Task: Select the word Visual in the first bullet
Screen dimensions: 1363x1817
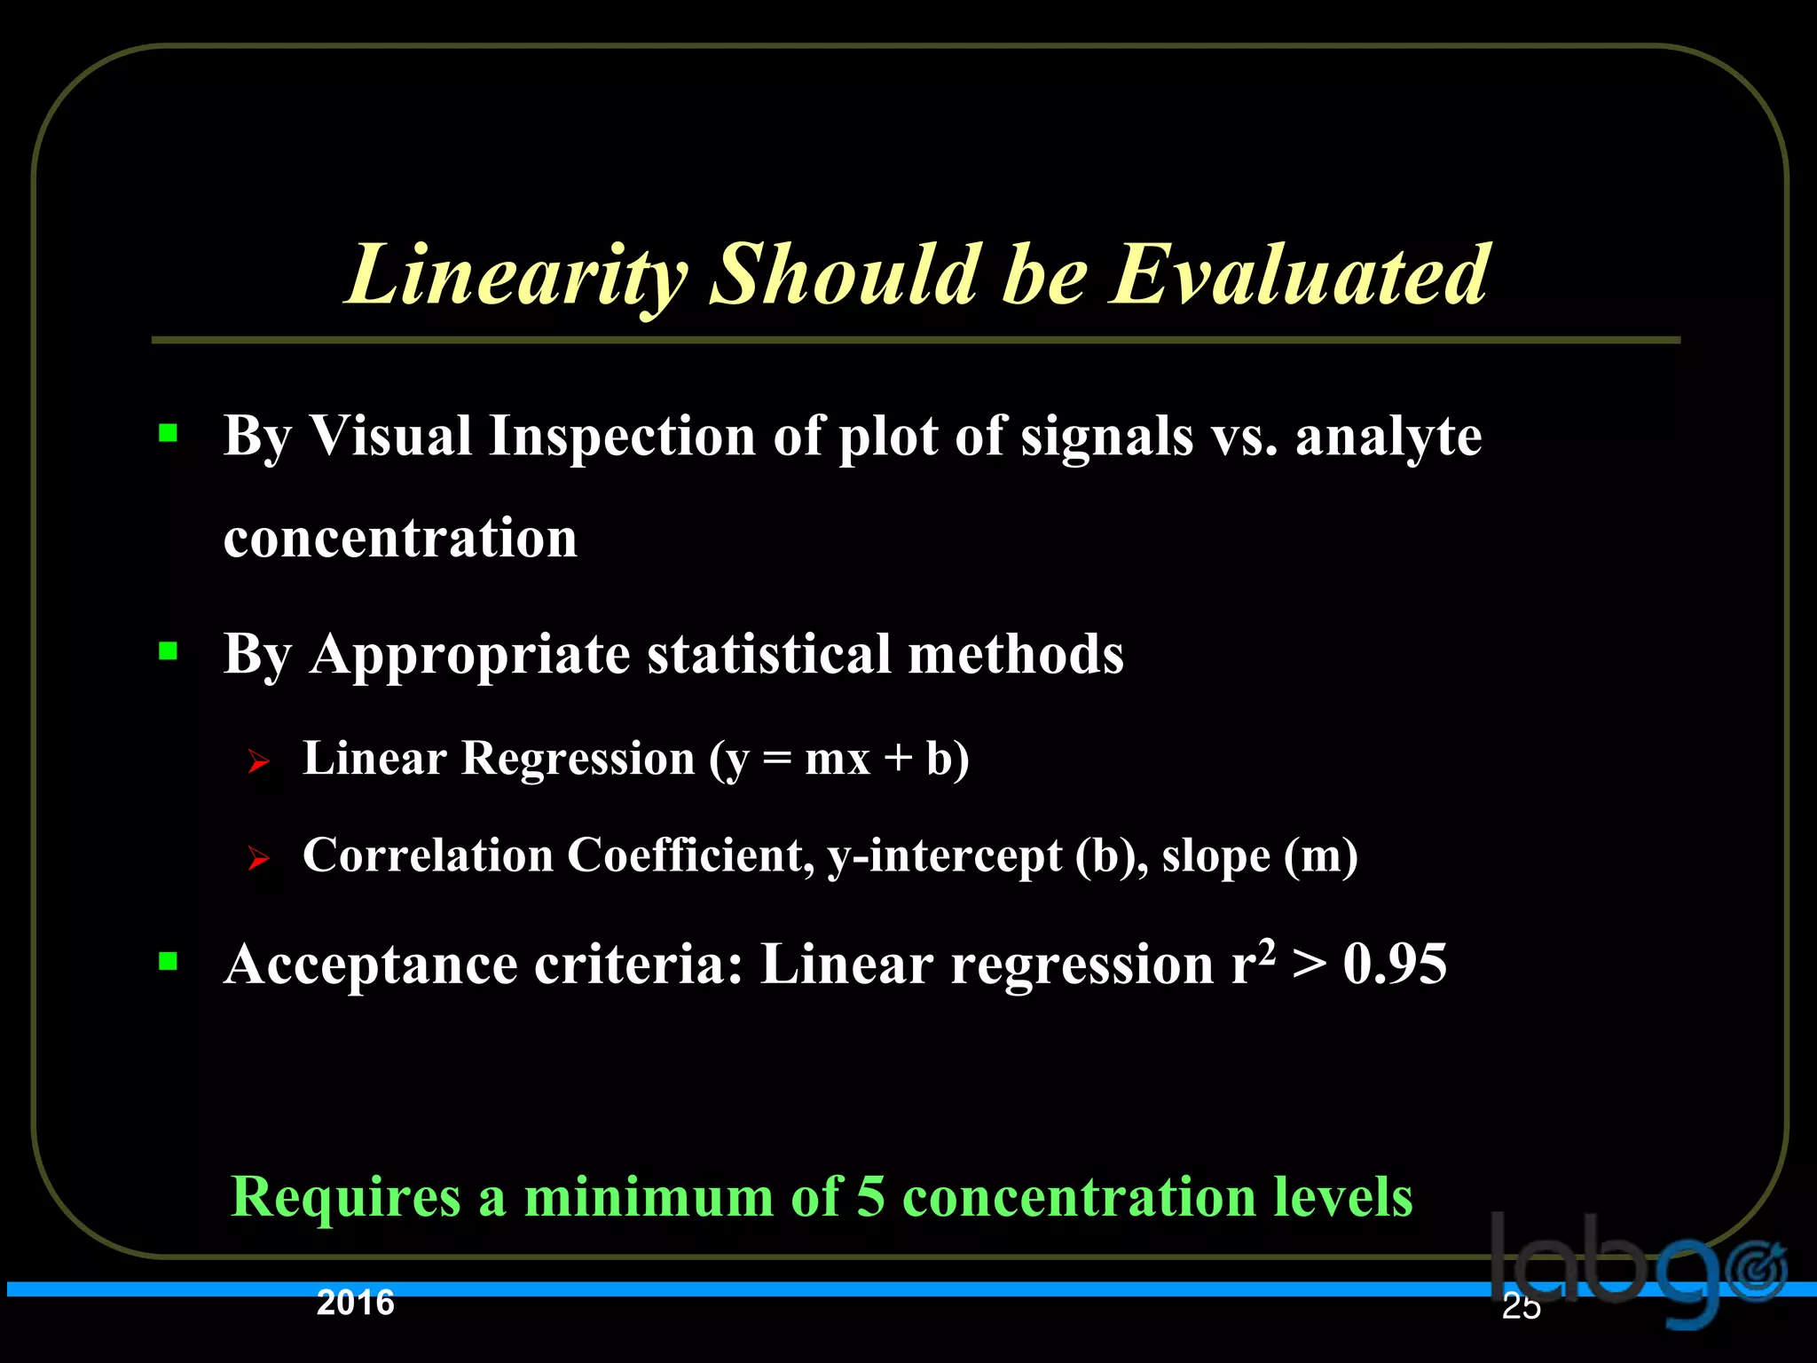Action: pos(390,437)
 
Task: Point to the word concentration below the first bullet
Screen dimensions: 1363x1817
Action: pos(400,538)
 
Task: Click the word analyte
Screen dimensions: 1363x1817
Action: pos(1388,437)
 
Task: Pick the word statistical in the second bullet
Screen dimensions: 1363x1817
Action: pos(768,655)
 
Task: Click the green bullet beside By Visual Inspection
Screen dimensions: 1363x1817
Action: pos(168,434)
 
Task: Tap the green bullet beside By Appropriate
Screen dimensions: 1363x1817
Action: pos(168,652)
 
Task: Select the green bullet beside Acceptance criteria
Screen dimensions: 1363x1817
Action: pos(168,961)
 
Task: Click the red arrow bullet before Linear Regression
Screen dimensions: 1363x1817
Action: pos(258,761)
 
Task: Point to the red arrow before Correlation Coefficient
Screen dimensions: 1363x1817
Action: pos(258,858)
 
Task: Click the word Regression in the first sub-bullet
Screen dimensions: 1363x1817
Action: pos(578,760)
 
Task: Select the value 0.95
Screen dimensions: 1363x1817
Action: pos(1395,965)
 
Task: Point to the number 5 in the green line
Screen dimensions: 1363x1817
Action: pos(870,1196)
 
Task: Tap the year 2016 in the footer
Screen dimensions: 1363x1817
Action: pos(356,1303)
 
